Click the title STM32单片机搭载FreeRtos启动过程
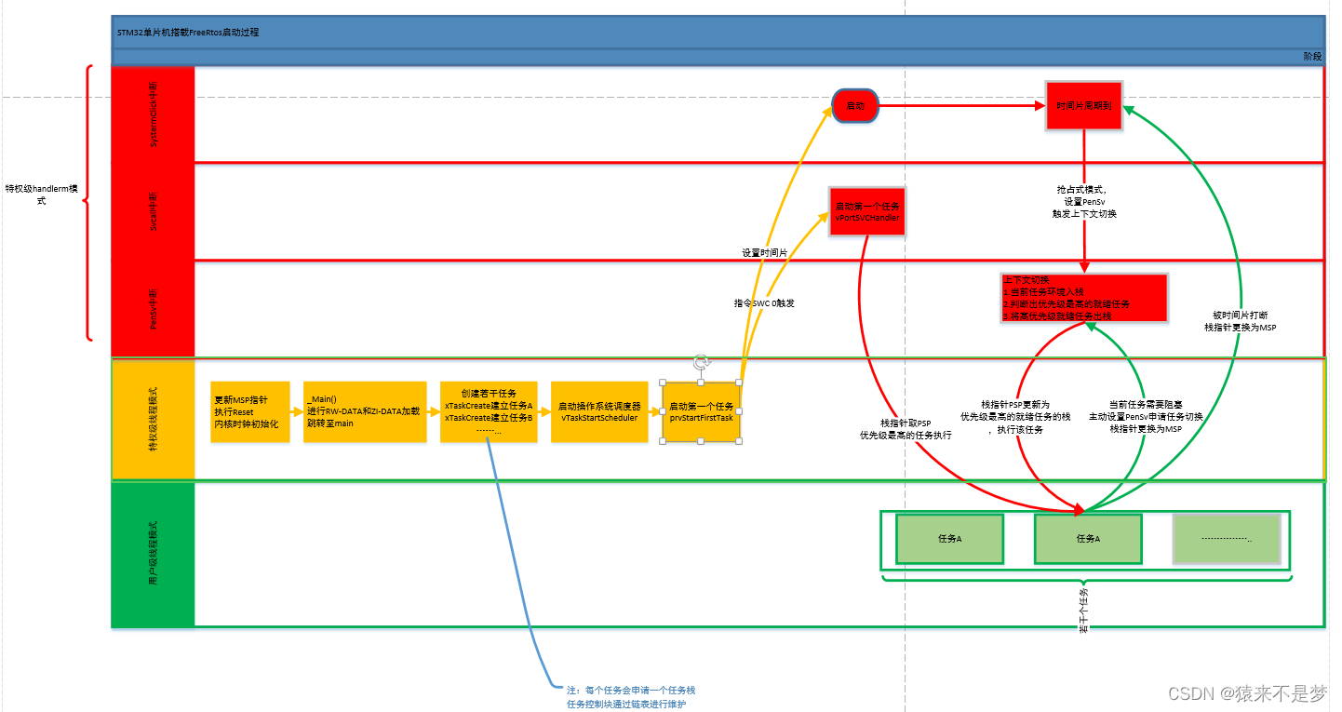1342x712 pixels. click(188, 32)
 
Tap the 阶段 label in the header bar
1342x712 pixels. click(1312, 57)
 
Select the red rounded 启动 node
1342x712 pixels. click(855, 106)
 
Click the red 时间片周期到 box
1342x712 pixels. click(1083, 106)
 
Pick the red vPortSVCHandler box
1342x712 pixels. click(866, 210)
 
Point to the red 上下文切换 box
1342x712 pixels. click(1083, 298)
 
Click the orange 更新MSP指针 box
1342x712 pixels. click(250, 411)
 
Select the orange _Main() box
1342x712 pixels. click(364, 411)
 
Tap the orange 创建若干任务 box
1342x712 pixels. click(489, 411)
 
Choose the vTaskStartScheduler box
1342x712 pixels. click(598, 411)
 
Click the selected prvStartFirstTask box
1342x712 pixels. click(701, 411)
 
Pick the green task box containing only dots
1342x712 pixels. click(1227, 539)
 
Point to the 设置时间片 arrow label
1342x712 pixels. click(764, 253)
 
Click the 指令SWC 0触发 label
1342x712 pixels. click(764, 303)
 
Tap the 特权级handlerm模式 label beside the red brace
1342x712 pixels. click(41, 194)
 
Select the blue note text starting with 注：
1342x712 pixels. click(631, 697)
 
